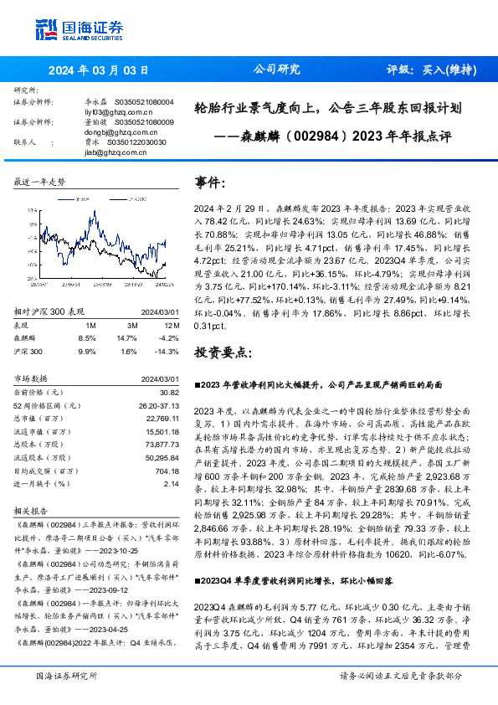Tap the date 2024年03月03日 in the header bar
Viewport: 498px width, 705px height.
pyautogui.click(x=99, y=69)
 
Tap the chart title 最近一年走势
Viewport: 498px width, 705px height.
pyautogui.click(x=41, y=182)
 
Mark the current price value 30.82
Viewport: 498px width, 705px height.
pyautogui.click(x=169, y=392)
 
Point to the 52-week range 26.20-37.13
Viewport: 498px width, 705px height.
pyautogui.click(x=157, y=405)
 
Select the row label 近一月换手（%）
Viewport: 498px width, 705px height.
pyautogui.click(x=44, y=484)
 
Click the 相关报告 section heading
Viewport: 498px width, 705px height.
pyautogui.click(x=30, y=509)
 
